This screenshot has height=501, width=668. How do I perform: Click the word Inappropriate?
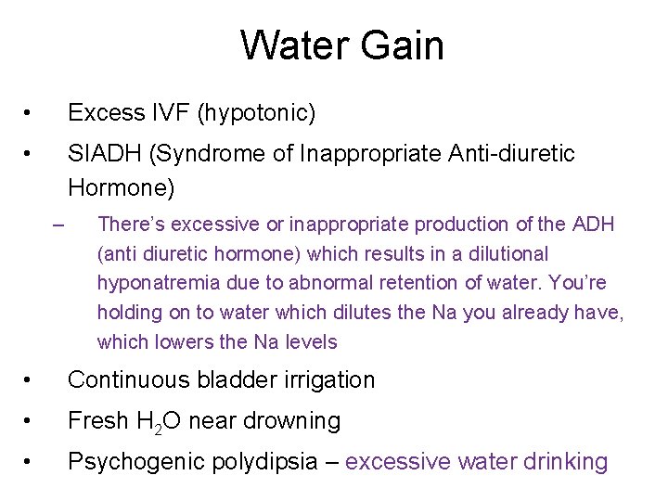click(x=380, y=153)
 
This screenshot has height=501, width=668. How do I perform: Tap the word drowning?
click(x=291, y=421)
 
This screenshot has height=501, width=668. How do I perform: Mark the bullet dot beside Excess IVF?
click(x=30, y=114)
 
